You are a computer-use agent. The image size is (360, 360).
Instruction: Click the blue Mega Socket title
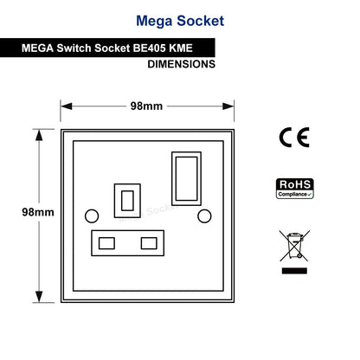click(180, 21)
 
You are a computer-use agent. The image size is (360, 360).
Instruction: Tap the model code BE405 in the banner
click(149, 48)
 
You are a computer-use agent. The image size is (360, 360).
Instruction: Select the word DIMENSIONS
click(182, 64)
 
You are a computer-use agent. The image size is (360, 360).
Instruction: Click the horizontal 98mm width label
click(146, 106)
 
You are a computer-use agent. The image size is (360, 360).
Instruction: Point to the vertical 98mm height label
click(38, 212)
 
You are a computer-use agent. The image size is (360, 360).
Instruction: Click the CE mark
click(294, 138)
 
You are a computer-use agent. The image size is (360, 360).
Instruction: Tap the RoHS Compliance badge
click(295, 189)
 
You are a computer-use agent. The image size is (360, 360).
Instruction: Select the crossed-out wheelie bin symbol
click(294, 246)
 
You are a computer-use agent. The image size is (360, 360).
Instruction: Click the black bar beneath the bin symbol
click(294, 271)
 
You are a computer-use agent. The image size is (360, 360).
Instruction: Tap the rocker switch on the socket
click(186, 178)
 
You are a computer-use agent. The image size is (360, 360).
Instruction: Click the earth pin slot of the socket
click(127, 201)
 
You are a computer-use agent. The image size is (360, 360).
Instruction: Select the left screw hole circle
click(92, 216)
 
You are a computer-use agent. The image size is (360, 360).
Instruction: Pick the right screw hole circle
click(204, 216)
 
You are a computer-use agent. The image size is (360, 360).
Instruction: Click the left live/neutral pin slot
click(106, 243)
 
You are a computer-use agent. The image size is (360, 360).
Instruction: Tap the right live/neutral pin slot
click(149, 243)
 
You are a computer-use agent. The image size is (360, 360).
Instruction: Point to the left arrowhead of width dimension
click(67, 106)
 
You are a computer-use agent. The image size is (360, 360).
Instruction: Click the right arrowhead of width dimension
click(228, 106)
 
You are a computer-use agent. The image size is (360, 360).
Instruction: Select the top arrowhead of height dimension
click(39, 135)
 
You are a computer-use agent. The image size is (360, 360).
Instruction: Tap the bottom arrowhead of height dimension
click(39, 297)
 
